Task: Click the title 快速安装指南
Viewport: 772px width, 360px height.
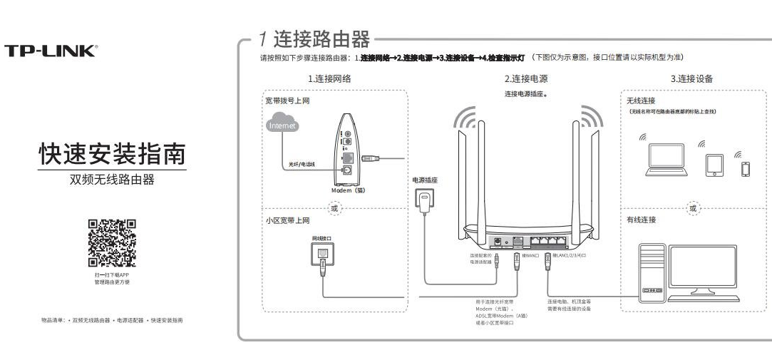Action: click(x=112, y=154)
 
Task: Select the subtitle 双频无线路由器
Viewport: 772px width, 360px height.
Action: click(x=112, y=179)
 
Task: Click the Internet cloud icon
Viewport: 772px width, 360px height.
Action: click(x=282, y=125)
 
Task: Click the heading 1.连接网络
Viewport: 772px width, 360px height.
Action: click(x=329, y=78)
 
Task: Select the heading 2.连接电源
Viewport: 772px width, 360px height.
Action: click(x=526, y=78)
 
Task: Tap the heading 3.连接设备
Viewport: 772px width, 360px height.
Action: click(x=691, y=78)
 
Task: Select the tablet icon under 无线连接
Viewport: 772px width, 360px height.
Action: click(x=714, y=165)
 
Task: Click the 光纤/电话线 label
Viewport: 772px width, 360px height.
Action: click(x=302, y=164)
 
